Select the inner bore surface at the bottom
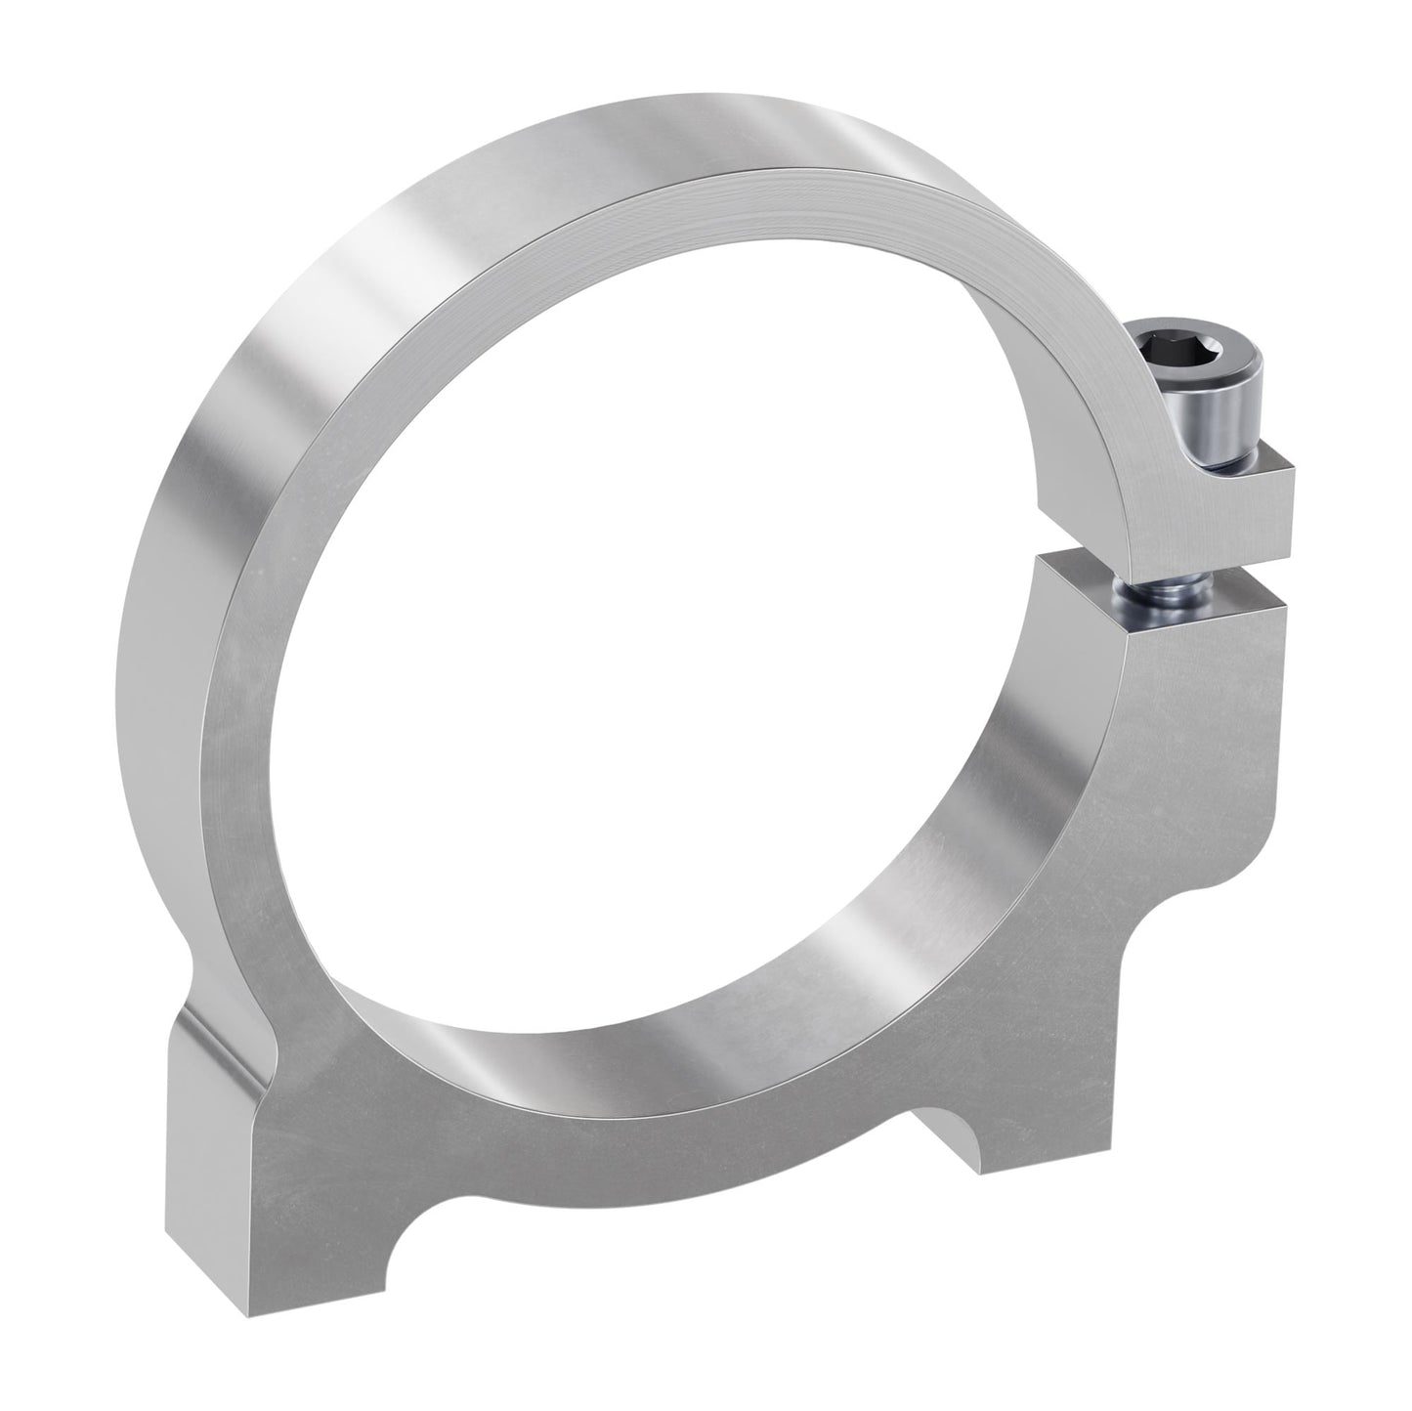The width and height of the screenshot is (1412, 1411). [x=684, y=987]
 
